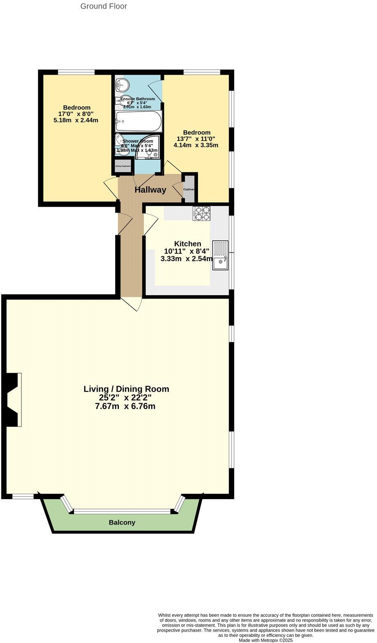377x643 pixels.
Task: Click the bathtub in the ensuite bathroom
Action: click(x=139, y=121)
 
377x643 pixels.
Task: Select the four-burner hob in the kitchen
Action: click(x=201, y=214)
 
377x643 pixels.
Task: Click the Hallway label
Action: click(x=150, y=190)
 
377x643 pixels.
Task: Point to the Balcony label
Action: click(x=122, y=522)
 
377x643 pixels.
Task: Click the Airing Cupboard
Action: click(x=123, y=166)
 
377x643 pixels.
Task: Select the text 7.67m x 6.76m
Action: click(x=125, y=406)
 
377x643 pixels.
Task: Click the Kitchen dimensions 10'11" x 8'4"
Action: click(x=186, y=251)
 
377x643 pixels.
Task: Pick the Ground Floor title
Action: click(x=104, y=6)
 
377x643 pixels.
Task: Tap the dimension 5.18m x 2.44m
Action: click(x=76, y=120)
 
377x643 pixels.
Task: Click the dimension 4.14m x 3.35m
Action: click(x=196, y=145)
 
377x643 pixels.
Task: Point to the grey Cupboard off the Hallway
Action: click(x=189, y=189)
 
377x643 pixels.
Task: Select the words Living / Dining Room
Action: click(x=126, y=389)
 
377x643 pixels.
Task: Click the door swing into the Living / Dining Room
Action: click(x=134, y=304)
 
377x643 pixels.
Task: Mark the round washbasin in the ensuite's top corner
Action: click(x=122, y=85)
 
